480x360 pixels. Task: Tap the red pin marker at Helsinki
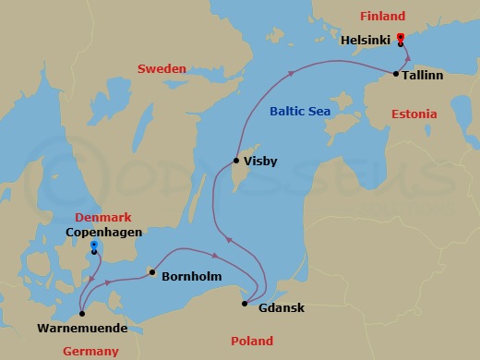pyautogui.click(x=400, y=39)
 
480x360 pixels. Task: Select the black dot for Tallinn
pyautogui.click(x=396, y=74)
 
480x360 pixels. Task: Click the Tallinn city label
pyautogui.click(x=424, y=74)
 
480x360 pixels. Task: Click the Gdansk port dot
pyautogui.click(x=245, y=304)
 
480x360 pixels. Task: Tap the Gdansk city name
pyautogui.click(x=282, y=307)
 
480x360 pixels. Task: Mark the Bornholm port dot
pyautogui.click(x=151, y=272)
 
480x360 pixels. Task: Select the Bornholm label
pyautogui.click(x=189, y=275)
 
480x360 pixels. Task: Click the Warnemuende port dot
pyautogui.click(x=81, y=314)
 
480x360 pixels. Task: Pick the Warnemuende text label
pyautogui.click(x=82, y=328)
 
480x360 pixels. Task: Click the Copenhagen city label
pyautogui.click(x=104, y=234)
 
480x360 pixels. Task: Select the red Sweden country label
pyautogui.click(x=162, y=69)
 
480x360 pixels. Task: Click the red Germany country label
pyautogui.click(x=90, y=351)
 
